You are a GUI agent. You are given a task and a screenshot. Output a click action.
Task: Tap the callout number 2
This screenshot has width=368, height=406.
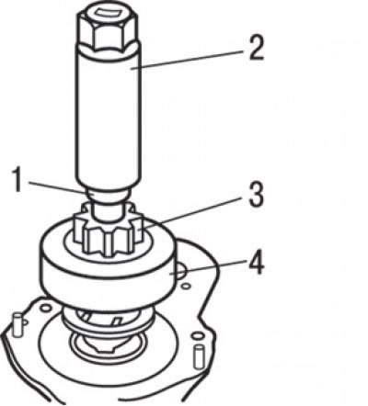pos(256,48)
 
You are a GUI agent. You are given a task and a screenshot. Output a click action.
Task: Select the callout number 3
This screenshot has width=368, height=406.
pos(256,196)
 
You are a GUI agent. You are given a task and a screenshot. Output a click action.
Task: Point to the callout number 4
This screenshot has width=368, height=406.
pos(256,263)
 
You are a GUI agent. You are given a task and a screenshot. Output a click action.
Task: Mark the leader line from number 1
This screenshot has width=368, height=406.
pos(57,187)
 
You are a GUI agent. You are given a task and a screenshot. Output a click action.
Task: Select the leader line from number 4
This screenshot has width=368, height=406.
pos(209,265)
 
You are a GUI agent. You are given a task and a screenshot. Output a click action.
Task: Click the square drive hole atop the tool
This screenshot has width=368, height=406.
pos(106,14)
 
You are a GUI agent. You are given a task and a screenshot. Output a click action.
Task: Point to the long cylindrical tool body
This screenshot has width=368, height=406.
pos(109,117)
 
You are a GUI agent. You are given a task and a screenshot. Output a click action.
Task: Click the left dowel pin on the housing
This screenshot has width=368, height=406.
pos(17,325)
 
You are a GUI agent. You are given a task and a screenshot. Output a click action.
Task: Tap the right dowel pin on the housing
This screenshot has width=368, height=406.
pos(199,356)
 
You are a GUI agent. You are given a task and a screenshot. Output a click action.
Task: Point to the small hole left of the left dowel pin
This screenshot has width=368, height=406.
pos(25,321)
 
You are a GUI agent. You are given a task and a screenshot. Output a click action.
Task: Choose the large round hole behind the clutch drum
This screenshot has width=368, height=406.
pos(182,272)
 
